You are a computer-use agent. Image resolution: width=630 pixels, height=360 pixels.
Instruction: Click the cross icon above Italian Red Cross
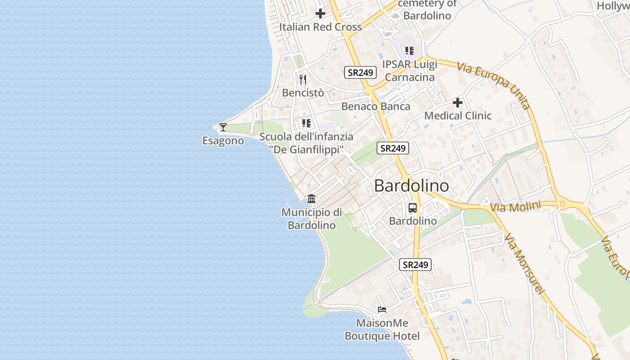point(320,13)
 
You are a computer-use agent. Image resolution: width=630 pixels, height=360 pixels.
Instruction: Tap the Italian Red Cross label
point(320,27)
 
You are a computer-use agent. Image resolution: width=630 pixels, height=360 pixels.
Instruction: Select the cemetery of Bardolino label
point(427,9)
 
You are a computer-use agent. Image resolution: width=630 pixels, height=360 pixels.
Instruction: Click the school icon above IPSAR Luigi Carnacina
point(409,51)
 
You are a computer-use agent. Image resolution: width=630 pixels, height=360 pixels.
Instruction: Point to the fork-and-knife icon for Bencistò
point(303,80)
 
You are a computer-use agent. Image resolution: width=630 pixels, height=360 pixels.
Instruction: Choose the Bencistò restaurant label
point(303,93)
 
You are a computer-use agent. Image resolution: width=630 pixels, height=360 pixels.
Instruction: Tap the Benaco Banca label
point(376,107)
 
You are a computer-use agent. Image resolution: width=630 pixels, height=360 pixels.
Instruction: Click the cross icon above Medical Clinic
point(458,103)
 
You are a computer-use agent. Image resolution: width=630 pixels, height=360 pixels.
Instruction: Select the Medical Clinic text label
point(458,116)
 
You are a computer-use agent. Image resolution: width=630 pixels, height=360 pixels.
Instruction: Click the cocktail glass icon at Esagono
point(223,127)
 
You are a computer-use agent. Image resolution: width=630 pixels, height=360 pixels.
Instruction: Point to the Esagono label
point(223,141)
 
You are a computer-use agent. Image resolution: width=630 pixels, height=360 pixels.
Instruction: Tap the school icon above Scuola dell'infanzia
point(306,123)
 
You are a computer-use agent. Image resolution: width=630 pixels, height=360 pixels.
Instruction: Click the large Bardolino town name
point(411,186)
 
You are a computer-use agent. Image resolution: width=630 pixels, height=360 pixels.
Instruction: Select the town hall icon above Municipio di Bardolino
point(311,198)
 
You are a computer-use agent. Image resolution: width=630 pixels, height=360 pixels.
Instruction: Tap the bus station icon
point(413,208)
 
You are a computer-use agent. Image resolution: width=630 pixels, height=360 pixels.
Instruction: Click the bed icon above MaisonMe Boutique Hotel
point(382,310)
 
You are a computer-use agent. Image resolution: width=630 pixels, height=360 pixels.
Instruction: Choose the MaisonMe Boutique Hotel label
point(382,329)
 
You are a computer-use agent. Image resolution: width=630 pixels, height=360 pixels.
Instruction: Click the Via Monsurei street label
point(525,265)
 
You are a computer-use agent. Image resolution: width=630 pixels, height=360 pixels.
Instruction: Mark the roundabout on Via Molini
point(562,205)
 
